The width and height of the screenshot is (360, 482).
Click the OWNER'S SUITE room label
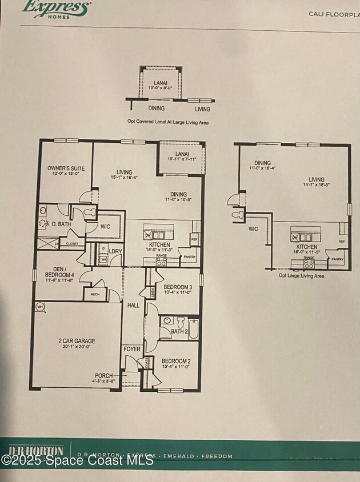point(66,168)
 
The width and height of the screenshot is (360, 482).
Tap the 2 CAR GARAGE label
point(77,341)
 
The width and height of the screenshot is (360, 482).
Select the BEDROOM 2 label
point(176,361)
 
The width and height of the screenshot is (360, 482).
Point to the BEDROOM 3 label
point(178,287)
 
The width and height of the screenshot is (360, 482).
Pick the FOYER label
point(131,349)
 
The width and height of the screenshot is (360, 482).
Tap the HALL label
point(134,306)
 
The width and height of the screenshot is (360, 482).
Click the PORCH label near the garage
point(104,375)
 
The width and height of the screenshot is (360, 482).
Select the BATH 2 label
point(179,331)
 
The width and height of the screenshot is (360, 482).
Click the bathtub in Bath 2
point(194,329)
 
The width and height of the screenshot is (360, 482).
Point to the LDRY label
point(115,251)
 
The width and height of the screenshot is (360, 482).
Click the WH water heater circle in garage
point(40,307)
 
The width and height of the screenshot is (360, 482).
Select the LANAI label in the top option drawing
point(160,83)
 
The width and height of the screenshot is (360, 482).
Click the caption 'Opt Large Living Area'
point(301,276)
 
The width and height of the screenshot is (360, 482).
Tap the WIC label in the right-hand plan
point(253,230)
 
